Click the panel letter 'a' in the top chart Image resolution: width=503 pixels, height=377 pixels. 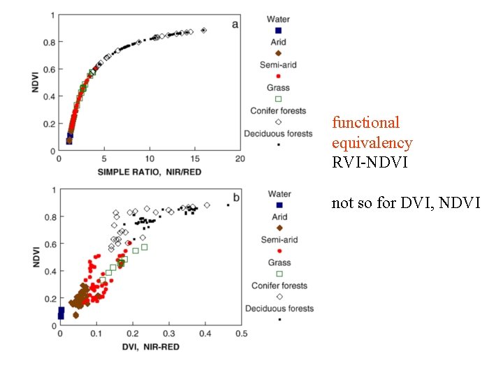(235, 24)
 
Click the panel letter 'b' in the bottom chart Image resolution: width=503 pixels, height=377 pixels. (235, 198)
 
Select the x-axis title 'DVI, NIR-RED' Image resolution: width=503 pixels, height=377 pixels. (150, 346)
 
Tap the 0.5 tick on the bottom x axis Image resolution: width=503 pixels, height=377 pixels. (240, 334)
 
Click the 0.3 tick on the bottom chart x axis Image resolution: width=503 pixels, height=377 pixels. (168, 334)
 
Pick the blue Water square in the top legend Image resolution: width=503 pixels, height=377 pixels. (278, 31)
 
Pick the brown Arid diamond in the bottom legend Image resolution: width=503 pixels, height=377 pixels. (279, 228)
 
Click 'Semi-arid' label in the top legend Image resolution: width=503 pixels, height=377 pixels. (278, 65)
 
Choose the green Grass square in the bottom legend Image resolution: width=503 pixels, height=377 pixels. (279, 274)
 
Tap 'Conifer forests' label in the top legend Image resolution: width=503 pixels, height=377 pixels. (278, 110)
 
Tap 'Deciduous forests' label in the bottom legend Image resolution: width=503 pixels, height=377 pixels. (279, 308)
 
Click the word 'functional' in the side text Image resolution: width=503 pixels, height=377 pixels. (365, 123)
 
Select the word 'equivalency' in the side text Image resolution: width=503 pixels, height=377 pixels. (372, 143)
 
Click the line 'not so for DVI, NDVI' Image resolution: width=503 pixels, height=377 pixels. (405, 203)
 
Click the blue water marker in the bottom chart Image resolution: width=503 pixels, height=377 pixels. (61, 312)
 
